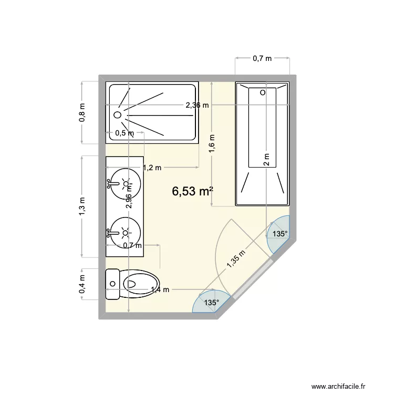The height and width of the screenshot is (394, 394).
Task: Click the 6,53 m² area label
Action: [192, 192]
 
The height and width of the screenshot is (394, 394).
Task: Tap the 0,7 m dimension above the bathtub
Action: [262, 58]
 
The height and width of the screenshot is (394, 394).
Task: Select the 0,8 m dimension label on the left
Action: [82, 112]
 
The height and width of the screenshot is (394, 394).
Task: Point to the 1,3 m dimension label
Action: [82, 206]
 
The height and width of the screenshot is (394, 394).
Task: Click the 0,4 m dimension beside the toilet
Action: [82, 284]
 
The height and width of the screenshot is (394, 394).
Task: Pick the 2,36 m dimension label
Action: [197, 105]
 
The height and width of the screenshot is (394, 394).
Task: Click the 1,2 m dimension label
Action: [152, 168]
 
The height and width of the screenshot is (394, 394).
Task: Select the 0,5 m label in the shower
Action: [124, 133]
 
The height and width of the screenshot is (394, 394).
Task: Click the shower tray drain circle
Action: [118, 114]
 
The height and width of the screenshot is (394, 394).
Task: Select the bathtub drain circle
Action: [263, 92]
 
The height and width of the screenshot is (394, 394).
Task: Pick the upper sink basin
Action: [125, 183]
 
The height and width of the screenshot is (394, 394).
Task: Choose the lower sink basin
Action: [125, 232]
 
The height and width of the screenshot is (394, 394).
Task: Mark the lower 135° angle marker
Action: [211, 303]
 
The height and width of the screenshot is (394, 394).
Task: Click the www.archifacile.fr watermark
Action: [344, 372]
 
